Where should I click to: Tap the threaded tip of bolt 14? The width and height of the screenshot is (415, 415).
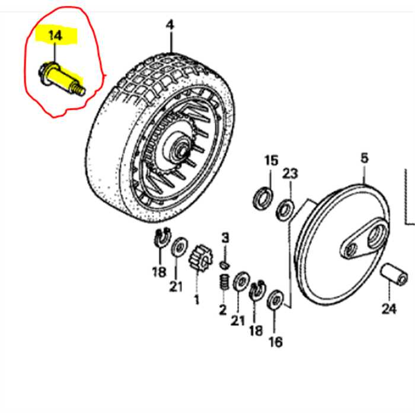79,91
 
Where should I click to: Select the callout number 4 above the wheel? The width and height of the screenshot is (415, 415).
170,25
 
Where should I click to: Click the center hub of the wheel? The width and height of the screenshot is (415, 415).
178,145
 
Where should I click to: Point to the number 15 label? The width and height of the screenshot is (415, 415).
271,161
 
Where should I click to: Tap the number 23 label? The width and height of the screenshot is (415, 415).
289,173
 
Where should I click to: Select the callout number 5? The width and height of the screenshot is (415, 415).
363,158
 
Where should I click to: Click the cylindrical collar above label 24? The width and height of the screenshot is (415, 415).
394,273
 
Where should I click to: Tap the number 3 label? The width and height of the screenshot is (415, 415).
225,238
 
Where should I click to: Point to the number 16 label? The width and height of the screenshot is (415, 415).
275,341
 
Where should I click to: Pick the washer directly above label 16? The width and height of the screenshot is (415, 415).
275,301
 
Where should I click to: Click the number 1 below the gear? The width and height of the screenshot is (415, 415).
196,299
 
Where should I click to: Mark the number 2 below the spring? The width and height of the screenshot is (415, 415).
223,309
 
